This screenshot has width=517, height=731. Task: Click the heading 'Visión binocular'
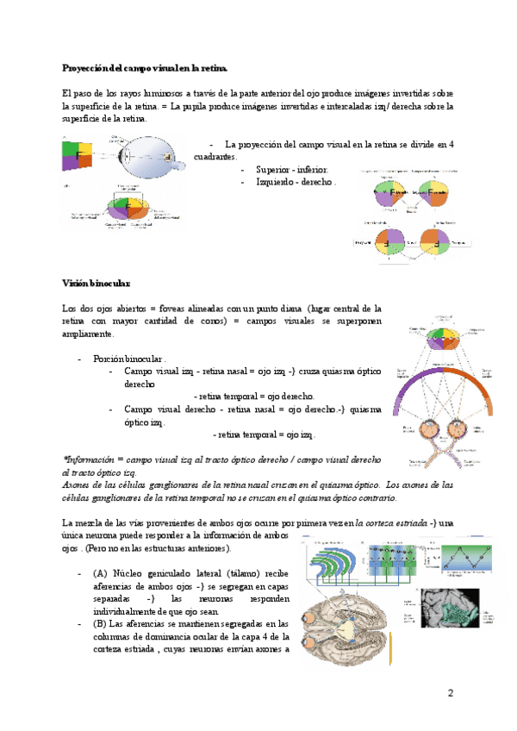point(97,283)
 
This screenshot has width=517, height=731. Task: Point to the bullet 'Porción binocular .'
point(130,359)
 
